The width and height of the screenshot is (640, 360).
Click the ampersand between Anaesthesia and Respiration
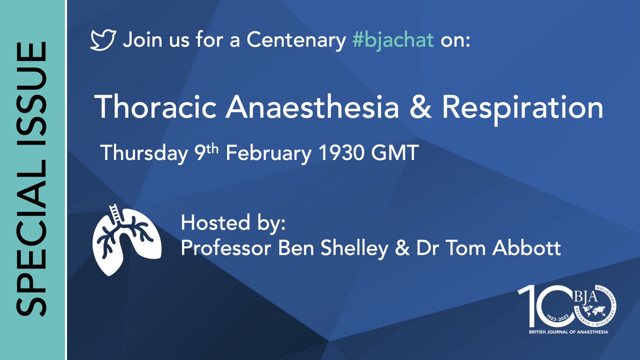click(x=424, y=109)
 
